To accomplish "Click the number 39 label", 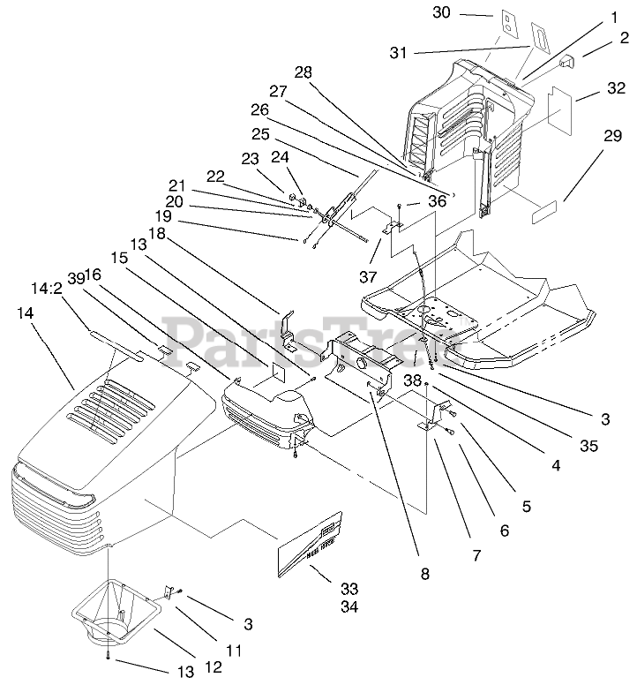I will [76, 278].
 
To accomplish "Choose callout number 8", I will [424, 573].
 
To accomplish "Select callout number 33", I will [324, 589].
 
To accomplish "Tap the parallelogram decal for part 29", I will [543, 214].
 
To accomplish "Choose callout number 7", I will [476, 557].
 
